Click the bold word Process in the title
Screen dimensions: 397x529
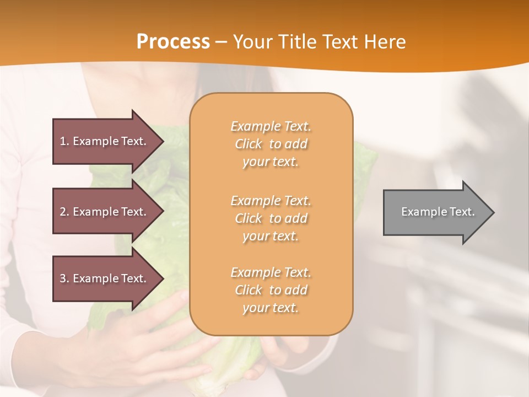tap(173, 42)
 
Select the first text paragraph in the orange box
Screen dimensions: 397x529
tap(271, 144)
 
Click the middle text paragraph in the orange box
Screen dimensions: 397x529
tap(271, 218)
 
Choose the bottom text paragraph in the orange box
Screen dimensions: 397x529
tap(271, 290)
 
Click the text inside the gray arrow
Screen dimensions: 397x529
tap(438, 212)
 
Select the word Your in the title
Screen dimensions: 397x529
tap(253, 42)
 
